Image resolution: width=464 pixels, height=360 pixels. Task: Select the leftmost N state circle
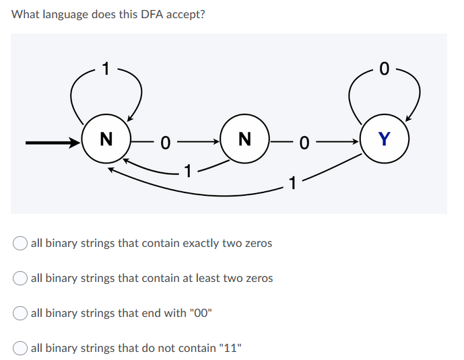[105, 140]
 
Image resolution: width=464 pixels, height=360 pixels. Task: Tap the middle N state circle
[244, 140]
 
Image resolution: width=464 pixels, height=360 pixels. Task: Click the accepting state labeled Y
[385, 140]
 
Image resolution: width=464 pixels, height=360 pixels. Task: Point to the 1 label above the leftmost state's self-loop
[105, 67]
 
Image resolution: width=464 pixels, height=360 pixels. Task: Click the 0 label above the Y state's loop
[384, 67]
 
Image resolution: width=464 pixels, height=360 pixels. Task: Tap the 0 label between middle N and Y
[305, 142]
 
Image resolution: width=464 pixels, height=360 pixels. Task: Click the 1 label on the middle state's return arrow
[189, 171]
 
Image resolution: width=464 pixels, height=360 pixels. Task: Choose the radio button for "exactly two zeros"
[21, 243]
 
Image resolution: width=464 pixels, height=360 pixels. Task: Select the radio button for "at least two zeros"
[21, 278]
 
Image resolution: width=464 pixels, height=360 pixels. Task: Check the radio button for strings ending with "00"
[21, 313]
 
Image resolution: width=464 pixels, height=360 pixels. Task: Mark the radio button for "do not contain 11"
[21, 348]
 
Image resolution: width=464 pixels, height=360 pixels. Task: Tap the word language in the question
[64, 14]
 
